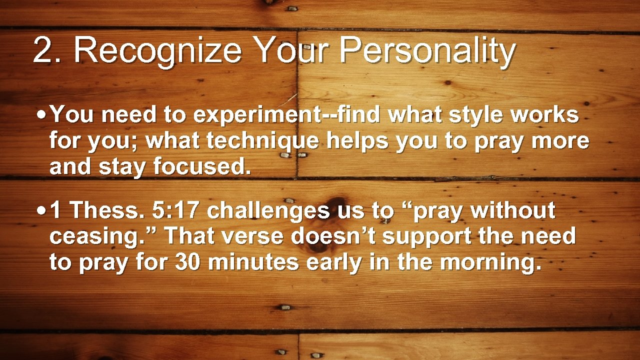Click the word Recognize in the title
pyautogui.click(x=157, y=51)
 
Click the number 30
pyautogui.click(x=188, y=262)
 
